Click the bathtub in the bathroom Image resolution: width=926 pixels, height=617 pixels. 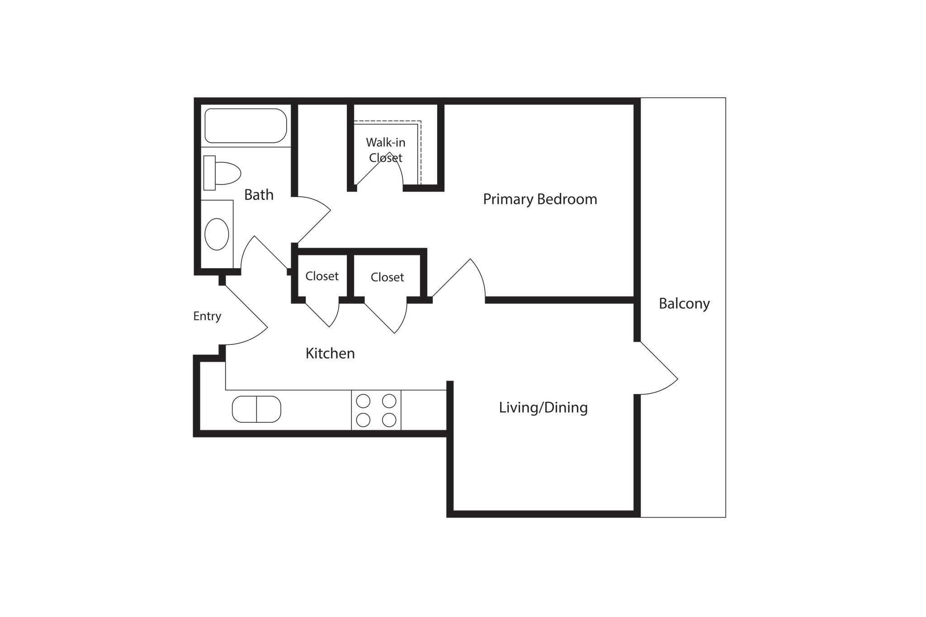[x=246, y=126]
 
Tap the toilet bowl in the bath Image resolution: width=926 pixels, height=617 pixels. [x=227, y=173]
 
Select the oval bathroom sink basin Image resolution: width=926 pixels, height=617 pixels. [x=217, y=234]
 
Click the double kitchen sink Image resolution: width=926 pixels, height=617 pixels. [x=256, y=409]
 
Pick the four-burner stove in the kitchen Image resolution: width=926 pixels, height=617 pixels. [x=376, y=410]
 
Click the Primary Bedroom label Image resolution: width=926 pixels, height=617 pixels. [x=540, y=199]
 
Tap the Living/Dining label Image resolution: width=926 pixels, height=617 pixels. [x=543, y=407]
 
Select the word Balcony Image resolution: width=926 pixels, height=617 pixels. [x=684, y=303]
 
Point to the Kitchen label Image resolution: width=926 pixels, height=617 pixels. [x=330, y=353]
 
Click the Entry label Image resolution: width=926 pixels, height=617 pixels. [x=207, y=316]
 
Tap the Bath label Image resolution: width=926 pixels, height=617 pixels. [x=259, y=195]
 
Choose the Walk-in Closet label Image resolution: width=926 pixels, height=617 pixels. [x=386, y=150]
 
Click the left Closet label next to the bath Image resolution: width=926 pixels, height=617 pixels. [x=322, y=276]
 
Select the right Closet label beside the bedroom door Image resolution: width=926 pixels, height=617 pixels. [x=387, y=277]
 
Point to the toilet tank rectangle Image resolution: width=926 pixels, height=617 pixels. [x=209, y=173]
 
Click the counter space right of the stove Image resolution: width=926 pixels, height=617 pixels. [x=424, y=410]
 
